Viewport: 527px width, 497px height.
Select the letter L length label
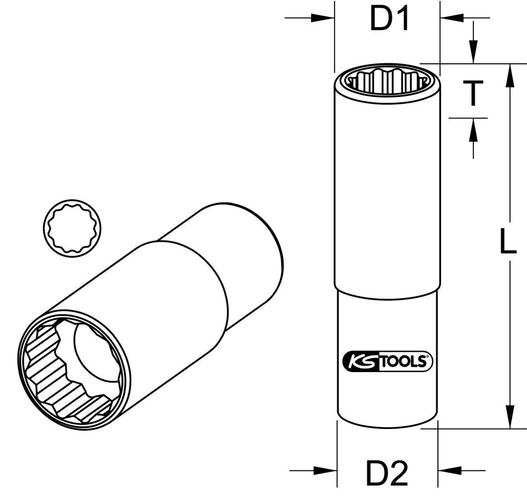[507, 243]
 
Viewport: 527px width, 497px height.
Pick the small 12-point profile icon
[72, 229]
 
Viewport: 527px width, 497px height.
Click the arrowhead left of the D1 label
[323, 18]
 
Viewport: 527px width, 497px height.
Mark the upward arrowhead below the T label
[473, 129]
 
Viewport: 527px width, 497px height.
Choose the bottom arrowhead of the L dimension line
[509, 416]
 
